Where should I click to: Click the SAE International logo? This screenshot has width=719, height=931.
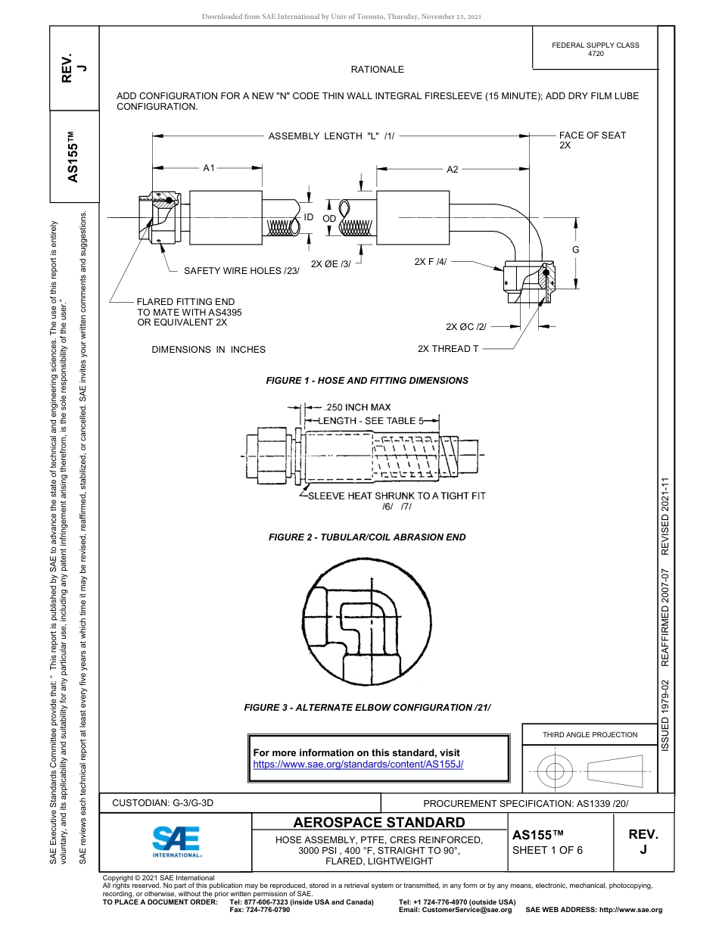(176, 840)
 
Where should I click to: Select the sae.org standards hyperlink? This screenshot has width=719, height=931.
(357, 764)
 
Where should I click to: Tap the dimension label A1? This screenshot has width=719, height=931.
(209, 168)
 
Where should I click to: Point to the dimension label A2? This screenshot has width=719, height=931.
(452, 170)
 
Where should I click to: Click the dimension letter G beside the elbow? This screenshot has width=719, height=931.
(575, 250)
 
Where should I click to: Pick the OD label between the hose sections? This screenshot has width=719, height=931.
(329, 218)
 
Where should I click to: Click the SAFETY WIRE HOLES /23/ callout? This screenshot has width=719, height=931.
(241, 270)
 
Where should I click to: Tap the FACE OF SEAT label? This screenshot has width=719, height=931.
(593, 135)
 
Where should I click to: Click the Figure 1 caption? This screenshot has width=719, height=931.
(366, 381)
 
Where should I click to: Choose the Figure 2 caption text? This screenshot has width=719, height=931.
(366, 537)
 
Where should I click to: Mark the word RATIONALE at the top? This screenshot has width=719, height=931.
(377, 70)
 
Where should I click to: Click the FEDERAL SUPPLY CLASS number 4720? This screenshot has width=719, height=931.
(596, 54)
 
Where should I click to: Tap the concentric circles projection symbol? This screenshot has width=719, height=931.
(556, 772)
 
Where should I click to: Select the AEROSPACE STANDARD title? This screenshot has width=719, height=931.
(379, 823)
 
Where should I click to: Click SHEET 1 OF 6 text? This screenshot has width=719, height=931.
(547, 850)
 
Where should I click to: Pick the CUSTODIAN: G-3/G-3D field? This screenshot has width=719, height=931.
(168, 802)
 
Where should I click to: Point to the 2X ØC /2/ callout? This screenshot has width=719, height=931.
(465, 326)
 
